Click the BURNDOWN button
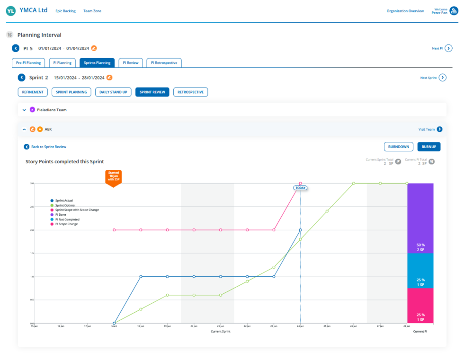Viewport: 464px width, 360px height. click(x=398, y=147)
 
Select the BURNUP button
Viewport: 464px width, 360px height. click(x=428, y=147)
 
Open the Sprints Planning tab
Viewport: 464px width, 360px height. click(x=97, y=62)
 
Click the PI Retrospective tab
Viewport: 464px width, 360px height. click(x=164, y=62)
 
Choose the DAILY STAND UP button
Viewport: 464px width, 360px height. click(x=113, y=92)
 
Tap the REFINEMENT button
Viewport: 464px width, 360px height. click(x=33, y=92)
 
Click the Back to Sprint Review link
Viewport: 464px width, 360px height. click(x=45, y=147)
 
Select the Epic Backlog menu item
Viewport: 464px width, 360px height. click(x=65, y=11)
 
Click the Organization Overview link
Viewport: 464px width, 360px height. click(x=405, y=11)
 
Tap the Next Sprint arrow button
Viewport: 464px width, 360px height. click(x=442, y=78)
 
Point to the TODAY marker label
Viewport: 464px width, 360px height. click(x=300, y=188)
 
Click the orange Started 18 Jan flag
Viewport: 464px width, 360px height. click(x=114, y=177)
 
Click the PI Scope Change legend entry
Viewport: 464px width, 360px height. click(x=67, y=224)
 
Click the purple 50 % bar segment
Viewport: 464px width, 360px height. click(x=420, y=218)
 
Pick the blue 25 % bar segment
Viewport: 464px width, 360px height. click(x=420, y=271)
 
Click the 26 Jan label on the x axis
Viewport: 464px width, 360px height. click(x=353, y=326)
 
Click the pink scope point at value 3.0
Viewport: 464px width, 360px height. click(x=301, y=184)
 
